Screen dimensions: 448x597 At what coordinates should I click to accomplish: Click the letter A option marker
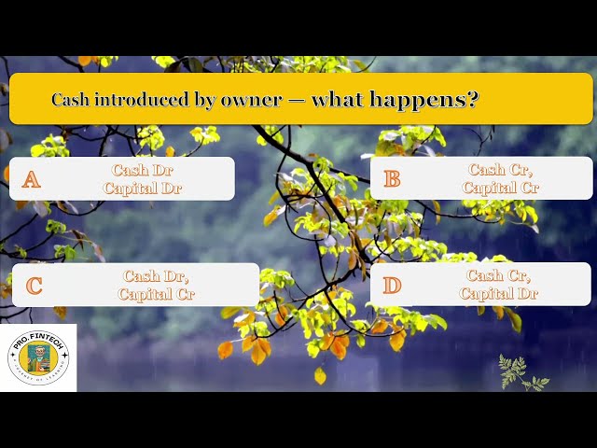coord(32,179)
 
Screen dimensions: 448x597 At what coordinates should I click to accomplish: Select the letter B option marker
coord(392,178)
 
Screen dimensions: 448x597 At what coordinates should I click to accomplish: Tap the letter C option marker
coord(34,286)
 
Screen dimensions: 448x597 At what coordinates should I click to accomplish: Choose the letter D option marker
coord(392,285)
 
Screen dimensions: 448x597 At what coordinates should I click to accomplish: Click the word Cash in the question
coord(71,99)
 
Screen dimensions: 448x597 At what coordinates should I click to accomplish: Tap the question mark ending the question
coord(473,99)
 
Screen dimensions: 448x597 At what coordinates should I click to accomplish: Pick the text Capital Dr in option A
coord(143,188)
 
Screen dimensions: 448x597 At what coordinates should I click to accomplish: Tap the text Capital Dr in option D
coord(499,293)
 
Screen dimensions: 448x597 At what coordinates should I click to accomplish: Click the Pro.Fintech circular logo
coord(38,357)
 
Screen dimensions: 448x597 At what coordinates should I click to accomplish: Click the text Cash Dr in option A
coord(143,170)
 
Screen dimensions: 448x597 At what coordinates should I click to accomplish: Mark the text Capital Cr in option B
coord(500,188)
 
